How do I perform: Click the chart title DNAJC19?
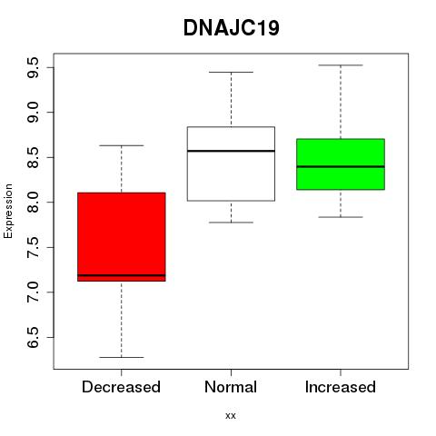[232, 28]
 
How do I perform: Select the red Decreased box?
[122, 237]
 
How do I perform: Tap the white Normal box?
[231, 163]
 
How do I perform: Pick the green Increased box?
[341, 164]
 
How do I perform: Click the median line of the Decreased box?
[122, 275]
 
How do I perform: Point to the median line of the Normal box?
[231, 151]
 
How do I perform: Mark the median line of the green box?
[341, 166]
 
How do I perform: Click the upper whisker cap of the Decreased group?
[122, 145]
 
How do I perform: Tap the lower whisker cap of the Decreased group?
[122, 357]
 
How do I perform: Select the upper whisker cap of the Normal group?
[231, 72]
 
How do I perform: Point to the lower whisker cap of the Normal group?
[231, 223]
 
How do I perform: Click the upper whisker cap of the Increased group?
[341, 65]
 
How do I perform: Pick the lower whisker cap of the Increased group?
[341, 217]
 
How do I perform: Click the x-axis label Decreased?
[121, 387]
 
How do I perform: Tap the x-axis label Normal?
[231, 387]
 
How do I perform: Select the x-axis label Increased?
[341, 387]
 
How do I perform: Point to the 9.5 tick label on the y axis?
[33, 67]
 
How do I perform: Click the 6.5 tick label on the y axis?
[33, 337]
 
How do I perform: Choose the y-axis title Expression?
[8, 211]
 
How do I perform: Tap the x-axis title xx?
[231, 416]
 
